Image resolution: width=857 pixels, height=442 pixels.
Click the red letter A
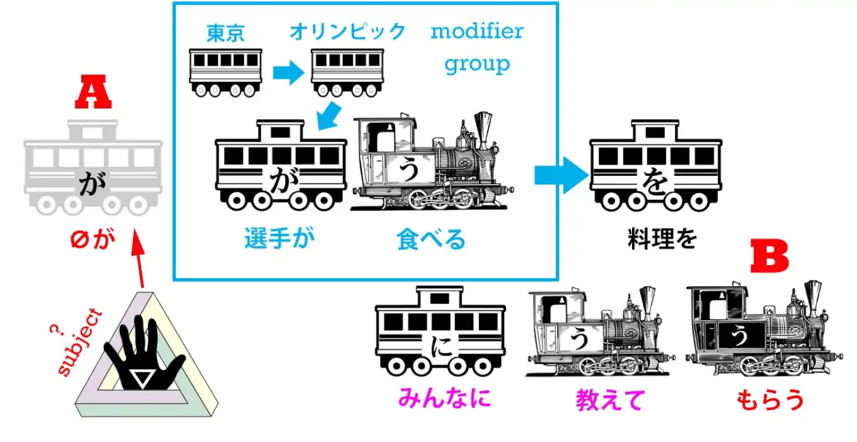point(93,94)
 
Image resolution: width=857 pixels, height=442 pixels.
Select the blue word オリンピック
point(347,32)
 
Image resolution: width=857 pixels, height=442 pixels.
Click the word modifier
point(476,32)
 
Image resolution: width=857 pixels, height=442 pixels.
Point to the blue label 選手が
point(279,239)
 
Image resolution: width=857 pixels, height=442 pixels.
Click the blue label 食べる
point(431,240)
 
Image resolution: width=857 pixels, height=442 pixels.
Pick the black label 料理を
point(662,239)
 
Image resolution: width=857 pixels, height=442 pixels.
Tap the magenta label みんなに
point(444,398)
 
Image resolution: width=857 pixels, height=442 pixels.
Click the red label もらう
point(770,400)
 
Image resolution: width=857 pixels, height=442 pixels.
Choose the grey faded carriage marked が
point(93,167)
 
